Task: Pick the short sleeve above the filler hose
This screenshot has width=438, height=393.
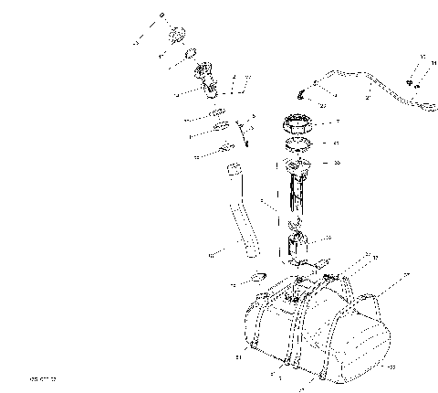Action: click(x=233, y=170)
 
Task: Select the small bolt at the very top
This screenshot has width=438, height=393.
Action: click(x=162, y=16)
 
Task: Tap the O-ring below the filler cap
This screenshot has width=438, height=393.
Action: click(x=193, y=55)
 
